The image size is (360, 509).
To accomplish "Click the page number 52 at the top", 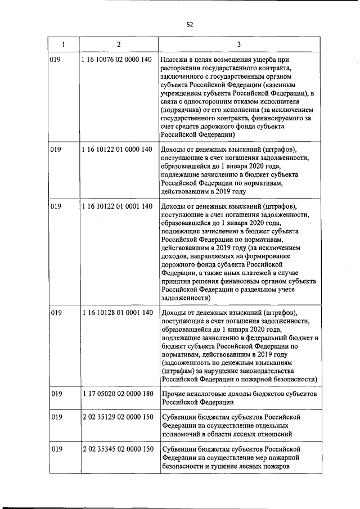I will click(190, 24).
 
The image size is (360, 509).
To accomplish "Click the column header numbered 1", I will click(63, 44).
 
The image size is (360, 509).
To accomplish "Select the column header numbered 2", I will click(118, 44).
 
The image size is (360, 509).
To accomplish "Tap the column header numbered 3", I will click(239, 44).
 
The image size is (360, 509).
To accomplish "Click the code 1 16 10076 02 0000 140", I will click(116, 60).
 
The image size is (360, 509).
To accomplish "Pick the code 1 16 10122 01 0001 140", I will click(116, 206).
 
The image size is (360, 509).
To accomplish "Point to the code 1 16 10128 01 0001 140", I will click(116, 313).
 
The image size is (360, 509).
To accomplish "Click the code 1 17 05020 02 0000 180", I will click(116, 394).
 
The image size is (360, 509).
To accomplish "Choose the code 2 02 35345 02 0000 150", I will click(116, 449).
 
